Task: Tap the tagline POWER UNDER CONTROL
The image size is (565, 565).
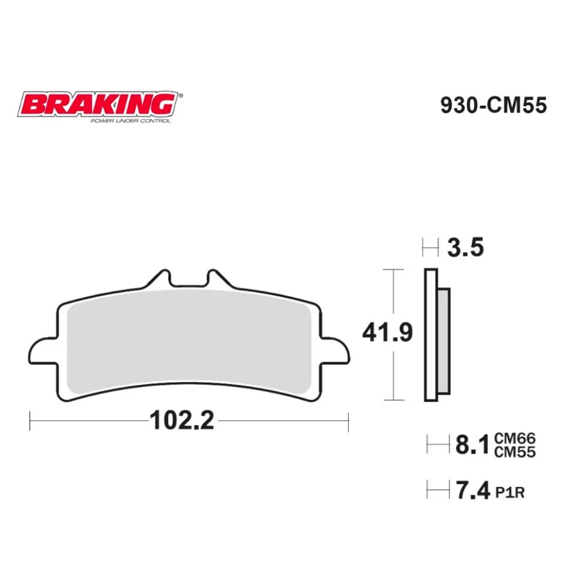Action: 131,120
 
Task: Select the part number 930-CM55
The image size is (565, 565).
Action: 493,106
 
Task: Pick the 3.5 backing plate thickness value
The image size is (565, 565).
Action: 465,247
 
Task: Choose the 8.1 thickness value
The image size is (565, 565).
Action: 472,445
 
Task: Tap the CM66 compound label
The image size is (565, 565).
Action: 514,438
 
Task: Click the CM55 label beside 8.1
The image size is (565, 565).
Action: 514,451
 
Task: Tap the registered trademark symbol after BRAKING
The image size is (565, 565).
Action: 180,97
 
